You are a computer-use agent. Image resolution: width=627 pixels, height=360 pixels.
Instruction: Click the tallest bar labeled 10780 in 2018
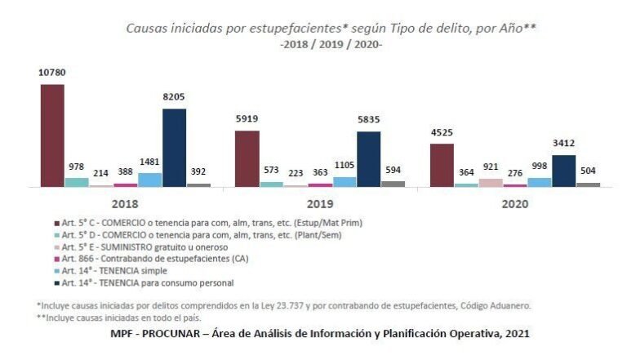[52, 136]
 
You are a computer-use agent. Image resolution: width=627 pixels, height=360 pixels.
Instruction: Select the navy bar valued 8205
[174, 148]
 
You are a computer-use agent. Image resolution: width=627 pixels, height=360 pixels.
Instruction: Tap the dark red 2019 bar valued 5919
[247, 158]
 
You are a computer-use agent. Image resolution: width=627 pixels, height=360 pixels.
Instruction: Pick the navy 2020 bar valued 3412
[563, 171]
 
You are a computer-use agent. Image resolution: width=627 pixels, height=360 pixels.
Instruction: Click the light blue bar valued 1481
[149, 180]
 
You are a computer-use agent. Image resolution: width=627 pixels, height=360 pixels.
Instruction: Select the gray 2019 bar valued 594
[393, 184]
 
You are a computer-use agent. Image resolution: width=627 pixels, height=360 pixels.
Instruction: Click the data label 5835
[368, 121]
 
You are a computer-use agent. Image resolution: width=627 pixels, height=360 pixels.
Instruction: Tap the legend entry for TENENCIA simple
[122, 269]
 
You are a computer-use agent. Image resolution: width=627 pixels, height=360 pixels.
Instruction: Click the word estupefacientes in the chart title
[278, 28]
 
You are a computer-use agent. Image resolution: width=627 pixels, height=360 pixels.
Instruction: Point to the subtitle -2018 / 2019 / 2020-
[331, 44]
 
